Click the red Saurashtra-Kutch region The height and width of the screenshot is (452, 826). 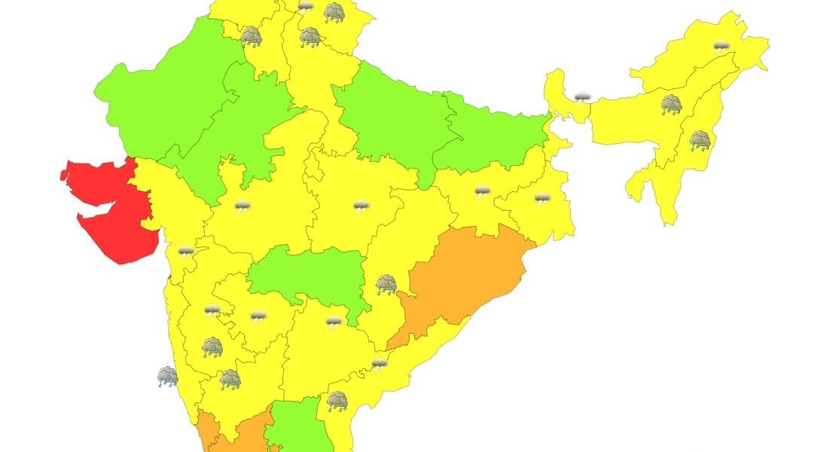[x=113, y=211]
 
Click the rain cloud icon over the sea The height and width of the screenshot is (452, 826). [x=167, y=376]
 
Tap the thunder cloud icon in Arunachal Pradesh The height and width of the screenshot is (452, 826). [x=721, y=45]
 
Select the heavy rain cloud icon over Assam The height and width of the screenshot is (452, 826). [x=671, y=105]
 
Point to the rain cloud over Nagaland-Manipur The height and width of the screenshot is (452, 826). [x=700, y=140]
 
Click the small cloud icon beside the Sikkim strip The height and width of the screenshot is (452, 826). [x=581, y=97]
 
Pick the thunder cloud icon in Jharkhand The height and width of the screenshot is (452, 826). [x=483, y=192]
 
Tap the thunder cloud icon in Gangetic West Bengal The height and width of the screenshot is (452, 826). [x=542, y=199]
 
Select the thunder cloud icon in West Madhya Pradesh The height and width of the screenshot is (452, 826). [x=242, y=206]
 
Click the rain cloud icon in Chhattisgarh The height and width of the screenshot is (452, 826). [x=386, y=284]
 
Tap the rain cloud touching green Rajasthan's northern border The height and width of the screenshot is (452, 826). [x=251, y=36]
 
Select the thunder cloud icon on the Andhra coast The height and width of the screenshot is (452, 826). [x=379, y=364]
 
